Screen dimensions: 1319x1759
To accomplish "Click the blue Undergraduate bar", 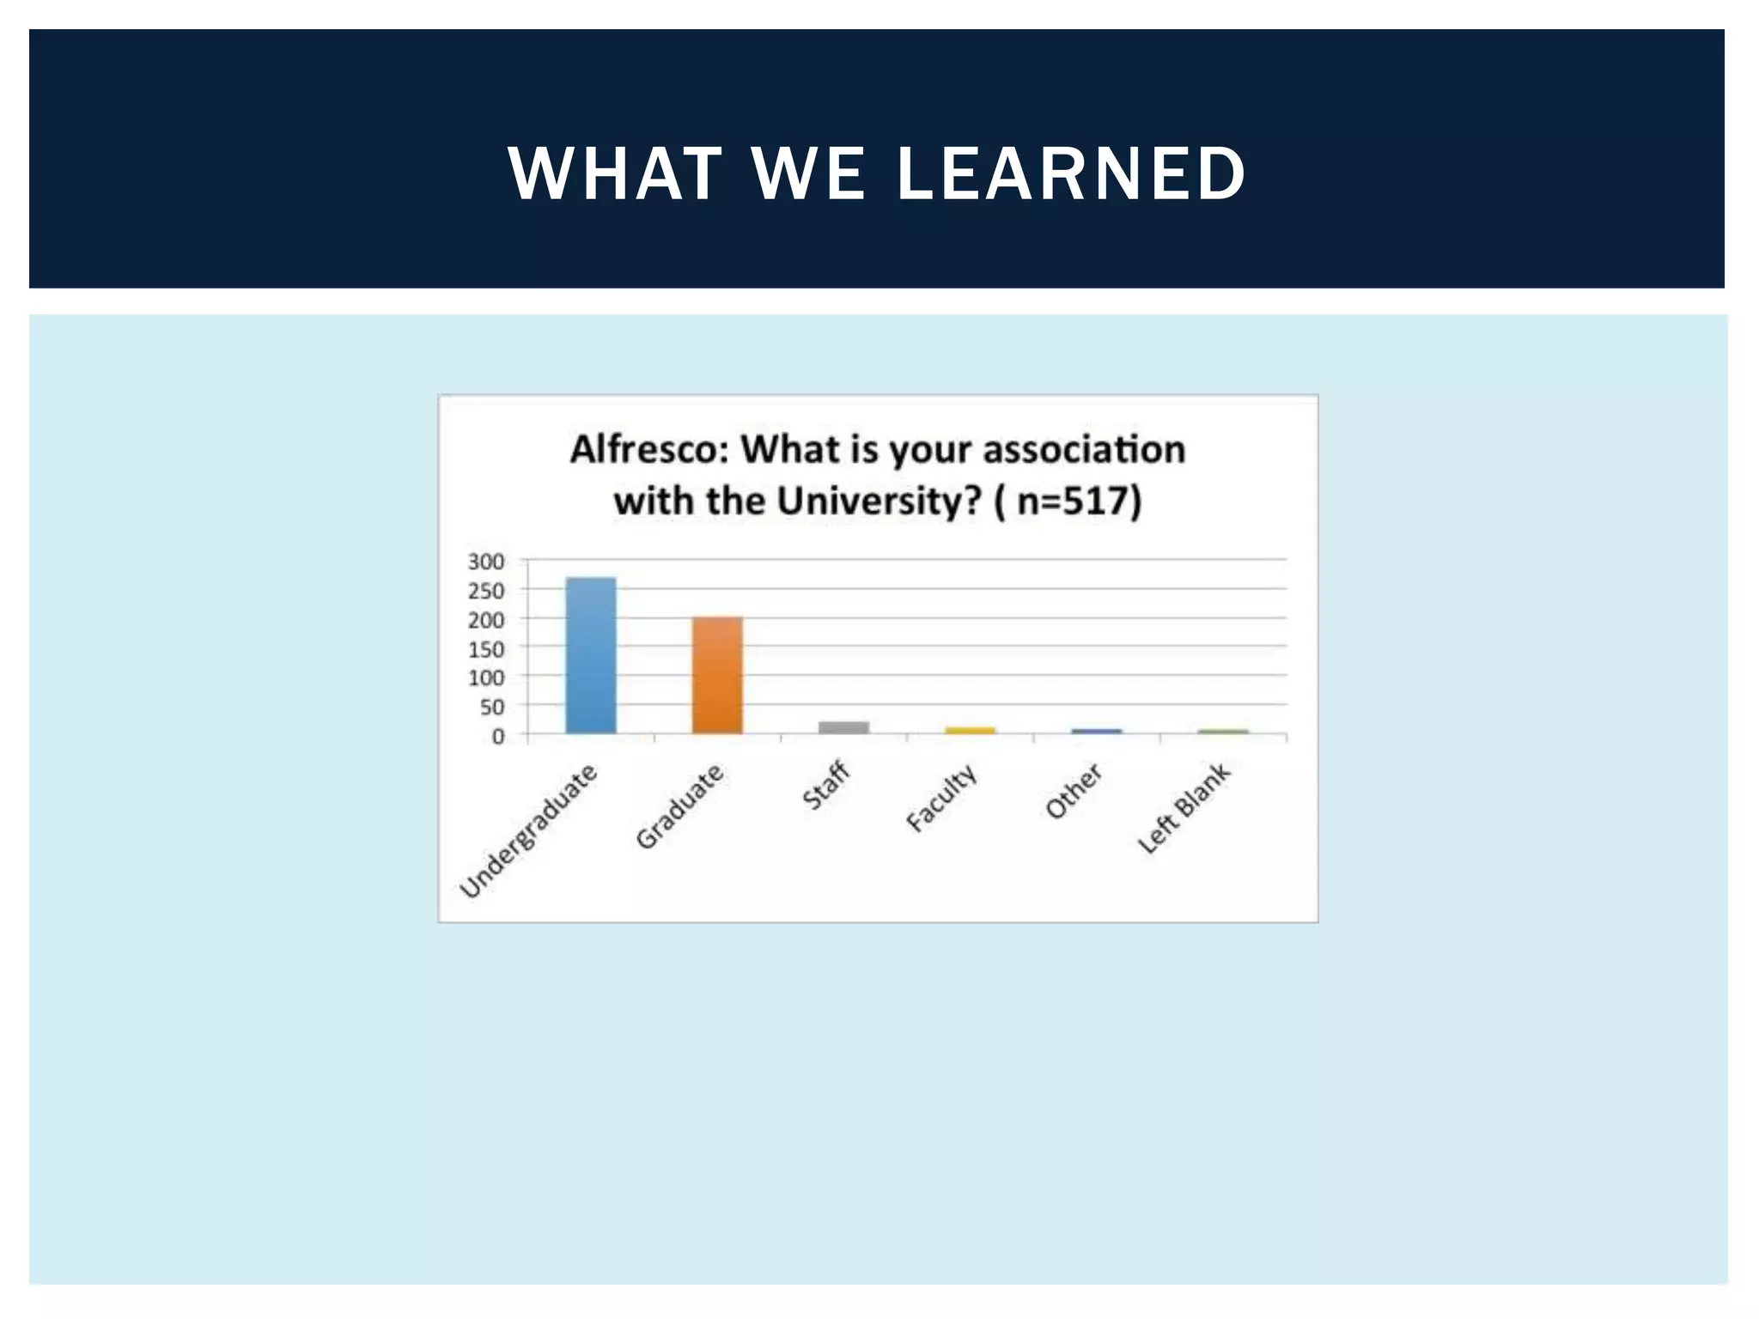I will point(591,656).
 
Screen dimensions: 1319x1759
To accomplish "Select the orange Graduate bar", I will point(717,676).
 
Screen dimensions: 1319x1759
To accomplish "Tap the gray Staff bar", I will point(843,727).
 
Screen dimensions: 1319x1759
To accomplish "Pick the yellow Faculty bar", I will point(970,731).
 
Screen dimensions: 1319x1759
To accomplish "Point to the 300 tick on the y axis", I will point(486,562).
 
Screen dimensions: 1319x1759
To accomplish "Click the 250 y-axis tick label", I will point(486,591).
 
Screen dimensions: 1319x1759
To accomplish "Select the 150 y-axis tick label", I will point(486,649).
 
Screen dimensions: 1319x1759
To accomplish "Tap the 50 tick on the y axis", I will point(492,708).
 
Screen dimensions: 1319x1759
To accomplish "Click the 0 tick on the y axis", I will point(498,737).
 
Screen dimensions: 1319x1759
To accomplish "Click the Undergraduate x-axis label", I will point(529,830).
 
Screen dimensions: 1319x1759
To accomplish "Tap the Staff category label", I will point(826,785).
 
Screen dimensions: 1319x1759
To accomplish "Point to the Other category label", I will point(1074,791).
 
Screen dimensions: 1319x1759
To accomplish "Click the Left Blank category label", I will point(1184,808).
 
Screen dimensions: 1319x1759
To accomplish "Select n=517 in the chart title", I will point(1074,501).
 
